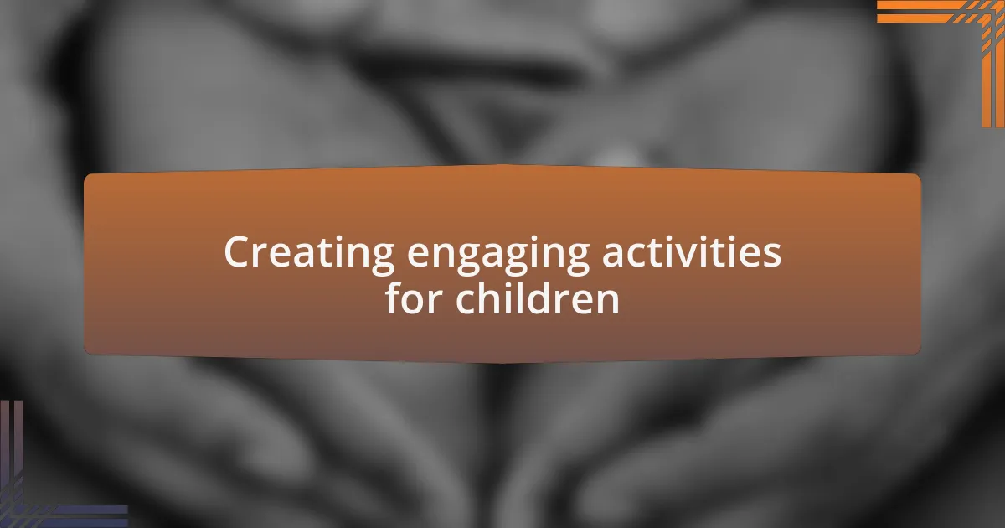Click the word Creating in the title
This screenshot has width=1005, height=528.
[x=309, y=254]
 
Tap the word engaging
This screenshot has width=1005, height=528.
[x=498, y=256]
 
